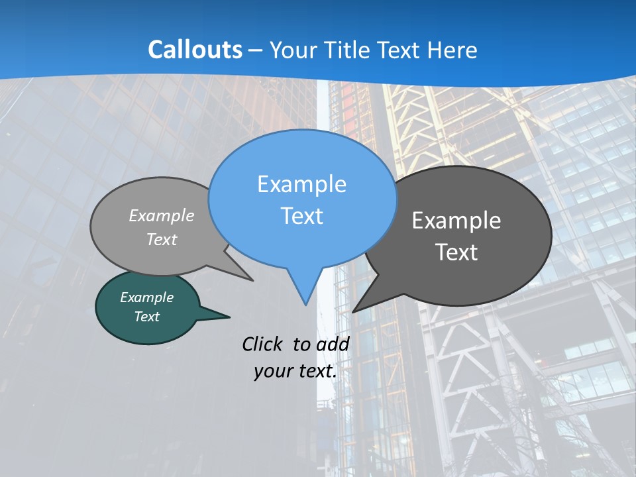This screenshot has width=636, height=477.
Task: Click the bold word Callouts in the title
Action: tap(195, 50)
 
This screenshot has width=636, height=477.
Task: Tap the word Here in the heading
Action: tap(452, 50)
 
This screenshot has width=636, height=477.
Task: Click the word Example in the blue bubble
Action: tap(301, 184)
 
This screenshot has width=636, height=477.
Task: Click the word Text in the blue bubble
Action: tap(301, 216)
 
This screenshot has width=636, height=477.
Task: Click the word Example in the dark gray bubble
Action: tap(456, 221)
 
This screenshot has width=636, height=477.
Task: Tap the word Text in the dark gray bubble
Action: tap(456, 252)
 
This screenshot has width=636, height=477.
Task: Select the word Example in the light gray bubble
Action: tap(162, 215)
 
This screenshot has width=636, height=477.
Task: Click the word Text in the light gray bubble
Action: tap(162, 240)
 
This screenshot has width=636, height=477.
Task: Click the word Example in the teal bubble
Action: tap(146, 297)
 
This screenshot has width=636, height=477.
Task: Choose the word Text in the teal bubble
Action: tap(146, 317)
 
